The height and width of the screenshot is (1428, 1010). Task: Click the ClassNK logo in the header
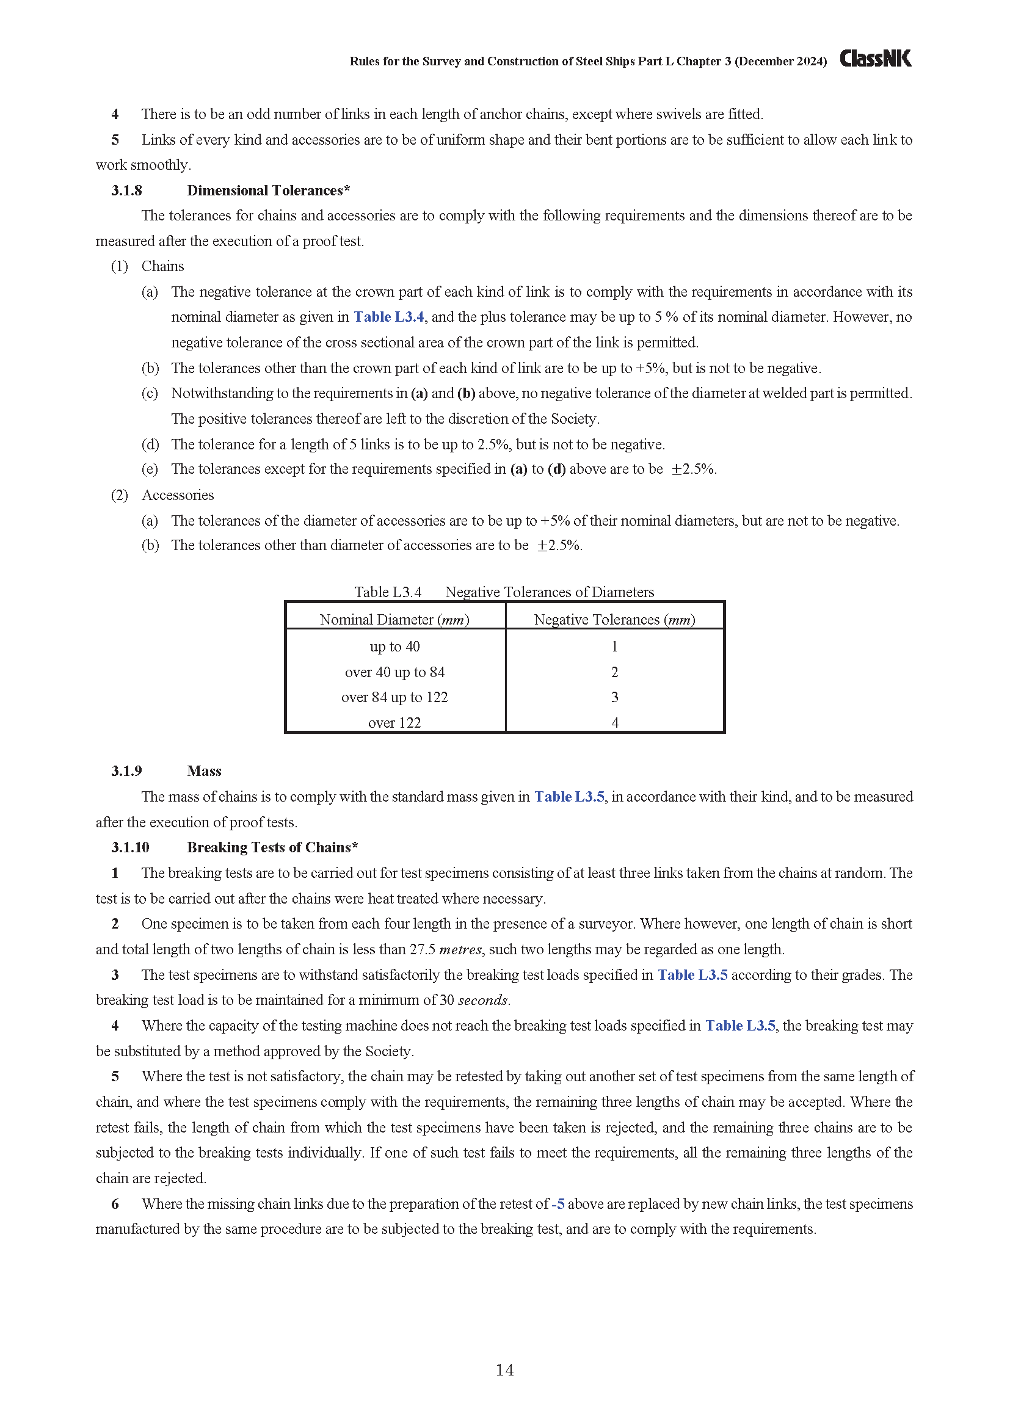tap(875, 59)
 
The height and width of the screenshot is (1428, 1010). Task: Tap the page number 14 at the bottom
tap(504, 1369)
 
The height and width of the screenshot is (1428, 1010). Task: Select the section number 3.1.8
tap(126, 190)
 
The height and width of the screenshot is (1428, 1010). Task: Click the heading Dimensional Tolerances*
tap(268, 190)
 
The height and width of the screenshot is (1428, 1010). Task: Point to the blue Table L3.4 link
tap(389, 317)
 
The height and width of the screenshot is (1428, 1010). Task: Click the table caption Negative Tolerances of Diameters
tap(549, 592)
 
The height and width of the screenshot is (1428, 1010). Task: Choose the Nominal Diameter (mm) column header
tap(394, 620)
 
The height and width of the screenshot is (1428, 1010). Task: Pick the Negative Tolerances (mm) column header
tap(614, 620)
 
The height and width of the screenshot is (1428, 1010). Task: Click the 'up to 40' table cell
tap(394, 647)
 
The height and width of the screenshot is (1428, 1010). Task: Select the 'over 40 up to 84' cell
tap(394, 672)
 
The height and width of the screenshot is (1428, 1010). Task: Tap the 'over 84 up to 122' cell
tap(394, 697)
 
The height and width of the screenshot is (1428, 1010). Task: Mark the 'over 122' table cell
tap(394, 723)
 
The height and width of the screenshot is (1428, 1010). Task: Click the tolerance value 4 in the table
tap(614, 723)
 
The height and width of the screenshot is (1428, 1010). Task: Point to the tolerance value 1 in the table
tap(614, 647)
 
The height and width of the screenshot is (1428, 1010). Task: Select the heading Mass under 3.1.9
tap(204, 771)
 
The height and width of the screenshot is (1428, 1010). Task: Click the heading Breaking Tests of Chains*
tap(272, 847)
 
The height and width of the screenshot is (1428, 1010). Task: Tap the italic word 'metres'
tap(460, 949)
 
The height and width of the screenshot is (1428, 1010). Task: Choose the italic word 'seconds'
tap(483, 1000)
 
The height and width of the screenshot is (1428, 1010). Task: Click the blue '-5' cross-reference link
tap(558, 1203)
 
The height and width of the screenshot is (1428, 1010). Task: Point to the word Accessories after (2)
tap(177, 495)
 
